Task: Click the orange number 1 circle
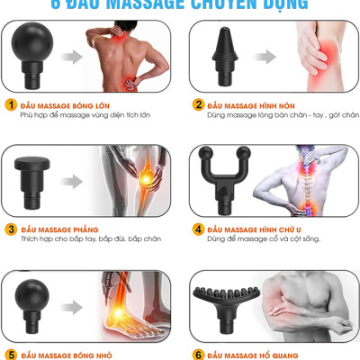coord(11,104)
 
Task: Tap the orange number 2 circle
coord(198,104)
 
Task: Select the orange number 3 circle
coord(11,229)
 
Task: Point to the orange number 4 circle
coord(198,229)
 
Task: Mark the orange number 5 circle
coord(11,354)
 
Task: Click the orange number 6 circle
coord(198,354)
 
